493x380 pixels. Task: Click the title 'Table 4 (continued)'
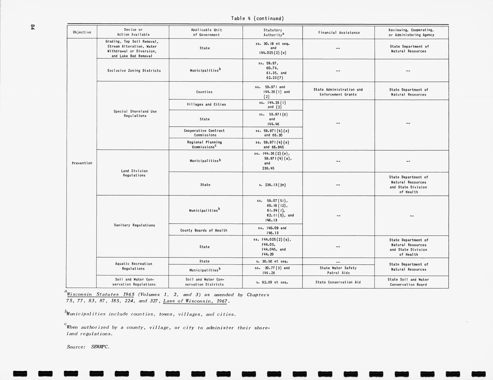pyautogui.click(x=257, y=18)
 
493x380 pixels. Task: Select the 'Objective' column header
pyautogui.click(x=82, y=32)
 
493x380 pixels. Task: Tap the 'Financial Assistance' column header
pyautogui.click(x=339, y=32)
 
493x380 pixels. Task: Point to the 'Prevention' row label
pyautogui.click(x=82, y=163)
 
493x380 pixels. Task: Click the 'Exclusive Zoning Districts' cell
pyautogui.click(x=134, y=70)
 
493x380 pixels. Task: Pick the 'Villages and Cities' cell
pyautogui.click(x=206, y=104)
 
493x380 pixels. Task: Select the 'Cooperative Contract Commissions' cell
pyautogui.click(x=204, y=133)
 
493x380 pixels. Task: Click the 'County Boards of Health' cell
pyautogui.click(x=204, y=230)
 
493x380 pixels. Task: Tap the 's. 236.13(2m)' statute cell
pyautogui.click(x=272, y=185)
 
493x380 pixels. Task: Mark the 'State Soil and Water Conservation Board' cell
pyautogui.click(x=408, y=282)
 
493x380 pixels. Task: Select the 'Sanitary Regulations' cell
pyautogui.click(x=134, y=225)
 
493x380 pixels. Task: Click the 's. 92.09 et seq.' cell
pyautogui.click(x=272, y=282)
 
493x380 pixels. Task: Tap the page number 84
pyautogui.click(x=33, y=27)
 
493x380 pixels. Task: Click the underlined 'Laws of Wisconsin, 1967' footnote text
pyautogui.click(x=195, y=301)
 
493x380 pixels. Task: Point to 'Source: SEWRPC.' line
pyautogui.click(x=88, y=347)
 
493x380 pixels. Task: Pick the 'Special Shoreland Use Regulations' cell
pyautogui.click(x=135, y=113)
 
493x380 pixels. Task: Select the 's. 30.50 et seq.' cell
pyautogui.click(x=272, y=261)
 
